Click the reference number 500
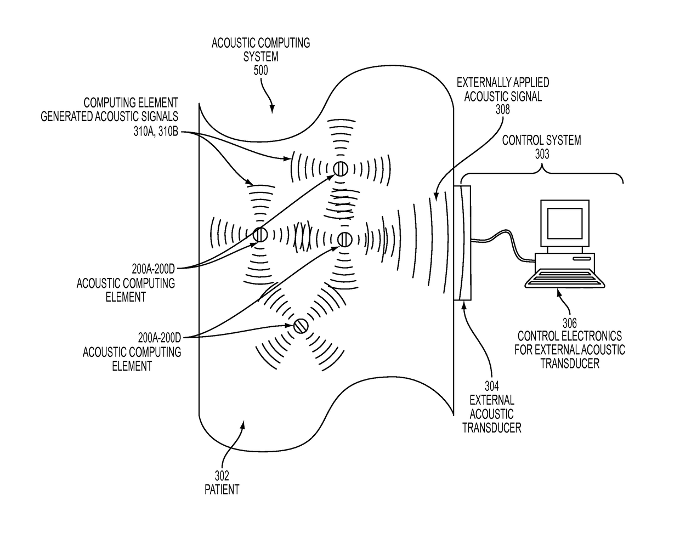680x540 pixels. (x=260, y=71)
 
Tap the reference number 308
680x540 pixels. (x=502, y=110)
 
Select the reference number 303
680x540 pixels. (x=542, y=154)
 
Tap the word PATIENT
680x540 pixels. (x=222, y=489)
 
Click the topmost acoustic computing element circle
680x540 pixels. (x=340, y=169)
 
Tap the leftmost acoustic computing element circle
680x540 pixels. (x=260, y=235)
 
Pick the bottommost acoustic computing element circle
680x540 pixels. (x=300, y=326)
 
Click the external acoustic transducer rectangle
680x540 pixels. (x=462, y=243)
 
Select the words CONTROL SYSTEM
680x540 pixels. (x=542, y=140)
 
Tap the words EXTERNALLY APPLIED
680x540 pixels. (x=503, y=83)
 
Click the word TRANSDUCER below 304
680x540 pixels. (x=491, y=427)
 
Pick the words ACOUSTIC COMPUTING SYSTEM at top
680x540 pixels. (x=260, y=49)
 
